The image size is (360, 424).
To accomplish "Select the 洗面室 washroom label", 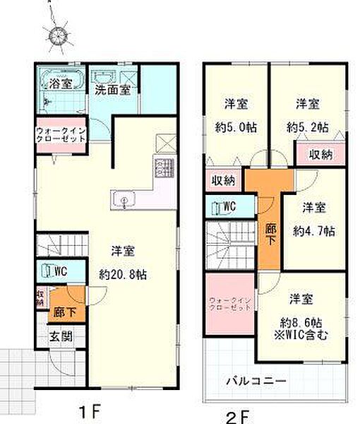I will (x=112, y=90).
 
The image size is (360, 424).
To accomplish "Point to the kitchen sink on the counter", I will (x=124, y=201).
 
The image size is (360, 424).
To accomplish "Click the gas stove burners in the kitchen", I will (x=164, y=169).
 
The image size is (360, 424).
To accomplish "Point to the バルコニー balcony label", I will (x=256, y=380).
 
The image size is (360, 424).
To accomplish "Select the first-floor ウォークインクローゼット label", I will (x=61, y=134).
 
